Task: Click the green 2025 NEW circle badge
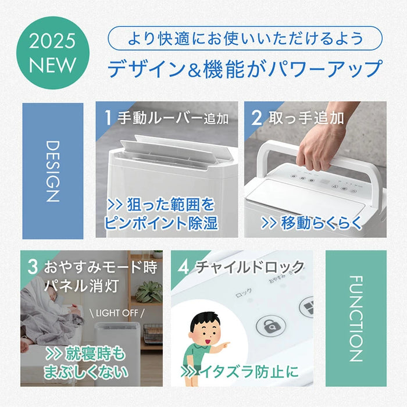pyautogui.click(x=53, y=53)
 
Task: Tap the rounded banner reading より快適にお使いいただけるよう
pyautogui.click(x=245, y=39)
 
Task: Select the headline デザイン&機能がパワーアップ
pyautogui.click(x=245, y=69)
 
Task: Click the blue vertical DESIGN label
pyautogui.click(x=52, y=170)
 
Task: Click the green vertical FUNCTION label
pyautogui.click(x=355, y=318)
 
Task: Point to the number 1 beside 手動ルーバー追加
pyautogui.click(x=108, y=118)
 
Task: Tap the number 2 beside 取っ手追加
pyautogui.click(x=256, y=118)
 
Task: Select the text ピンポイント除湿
pyautogui.click(x=161, y=223)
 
